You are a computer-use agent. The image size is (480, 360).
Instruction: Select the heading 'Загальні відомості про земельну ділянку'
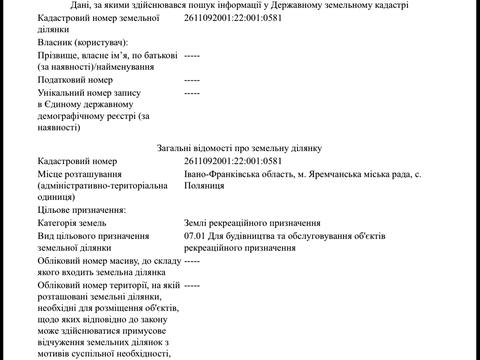click(x=238, y=146)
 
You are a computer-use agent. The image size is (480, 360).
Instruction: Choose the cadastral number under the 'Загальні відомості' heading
click(x=233, y=161)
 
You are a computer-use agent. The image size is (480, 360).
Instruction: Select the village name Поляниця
click(x=209, y=188)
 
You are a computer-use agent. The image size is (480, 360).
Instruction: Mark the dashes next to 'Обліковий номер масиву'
click(x=192, y=260)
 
